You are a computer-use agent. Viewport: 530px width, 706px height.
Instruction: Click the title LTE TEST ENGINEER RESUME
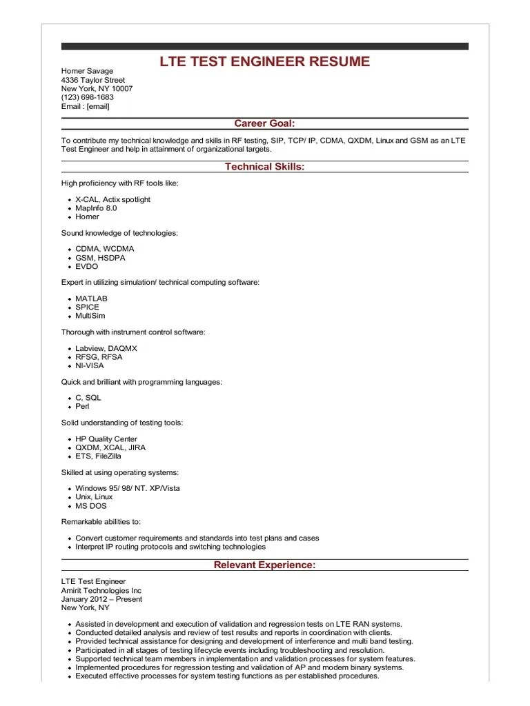click(x=264, y=62)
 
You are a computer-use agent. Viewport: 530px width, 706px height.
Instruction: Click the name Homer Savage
click(x=87, y=71)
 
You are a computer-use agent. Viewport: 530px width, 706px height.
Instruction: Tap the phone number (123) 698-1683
click(x=88, y=97)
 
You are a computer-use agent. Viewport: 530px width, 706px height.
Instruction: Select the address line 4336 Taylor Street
click(x=93, y=80)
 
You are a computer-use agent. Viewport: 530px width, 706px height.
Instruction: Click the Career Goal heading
click(x=264, y=123)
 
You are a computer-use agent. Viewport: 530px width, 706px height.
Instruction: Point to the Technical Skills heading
click(x=264, y=166)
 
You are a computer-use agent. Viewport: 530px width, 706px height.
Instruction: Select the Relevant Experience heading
click(x=264, y=565)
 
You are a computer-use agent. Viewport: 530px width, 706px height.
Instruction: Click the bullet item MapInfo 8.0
click(x=96, y=208)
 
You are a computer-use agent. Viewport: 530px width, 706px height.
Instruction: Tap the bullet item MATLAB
click(x=91, y=299)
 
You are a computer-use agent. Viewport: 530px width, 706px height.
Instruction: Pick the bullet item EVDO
click(x=87, y=266)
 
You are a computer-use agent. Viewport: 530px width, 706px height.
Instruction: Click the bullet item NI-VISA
click(x=90, y=365)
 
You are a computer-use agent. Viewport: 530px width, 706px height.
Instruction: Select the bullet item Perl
click(x=82, y=406)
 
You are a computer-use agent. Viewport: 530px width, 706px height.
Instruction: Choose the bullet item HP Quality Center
click(x=106, y=439)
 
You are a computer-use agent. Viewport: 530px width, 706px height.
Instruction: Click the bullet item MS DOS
click(x=90, y=505)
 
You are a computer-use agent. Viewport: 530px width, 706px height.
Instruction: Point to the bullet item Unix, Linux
click(x=94, y=497)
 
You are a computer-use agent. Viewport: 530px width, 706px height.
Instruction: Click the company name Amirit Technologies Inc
click(x=101, y=591)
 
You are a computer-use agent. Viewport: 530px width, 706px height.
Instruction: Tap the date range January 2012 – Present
click(x=101, y=599)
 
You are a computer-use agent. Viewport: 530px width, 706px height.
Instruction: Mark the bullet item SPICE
click(x=87, y=307)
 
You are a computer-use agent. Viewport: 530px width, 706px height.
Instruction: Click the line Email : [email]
click(x=85, y=106)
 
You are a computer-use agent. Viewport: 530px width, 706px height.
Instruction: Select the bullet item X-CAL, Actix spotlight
click(x=112, y=200)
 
